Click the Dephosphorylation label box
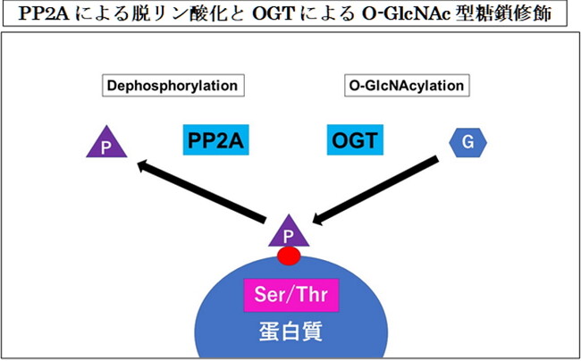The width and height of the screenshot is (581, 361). [x=173, y=86]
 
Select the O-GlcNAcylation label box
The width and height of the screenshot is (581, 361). [x=407, y=86]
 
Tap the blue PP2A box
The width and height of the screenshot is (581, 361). [x=215, y=139]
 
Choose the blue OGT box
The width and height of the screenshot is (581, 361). [x=355, y=139]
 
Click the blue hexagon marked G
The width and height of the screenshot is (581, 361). [x=467, y=143]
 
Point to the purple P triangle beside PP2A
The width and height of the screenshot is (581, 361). [x=106, y=143]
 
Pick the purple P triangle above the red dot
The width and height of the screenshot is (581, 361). [x=289, y=231]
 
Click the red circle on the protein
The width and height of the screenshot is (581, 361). [x=289, y=256]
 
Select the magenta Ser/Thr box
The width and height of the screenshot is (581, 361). [x=291, y=295]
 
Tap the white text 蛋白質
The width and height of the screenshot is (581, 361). [x=290, y=332]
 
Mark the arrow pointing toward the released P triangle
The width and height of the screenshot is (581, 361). [x=202, y=191]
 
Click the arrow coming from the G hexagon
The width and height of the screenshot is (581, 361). [x=375, y=190]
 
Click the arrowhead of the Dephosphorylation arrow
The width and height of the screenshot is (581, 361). [x=145, y=165]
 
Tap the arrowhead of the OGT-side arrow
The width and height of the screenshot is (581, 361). [x=319, y=219]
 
